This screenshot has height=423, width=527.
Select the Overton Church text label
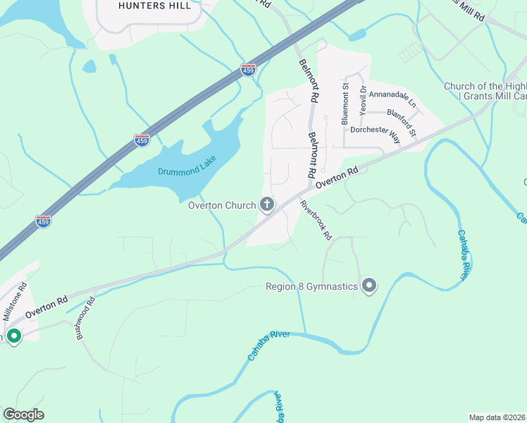point(222,206)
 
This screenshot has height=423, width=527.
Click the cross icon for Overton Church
point(267,205)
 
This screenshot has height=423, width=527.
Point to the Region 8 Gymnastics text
point(312,286)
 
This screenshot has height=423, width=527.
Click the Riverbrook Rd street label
point(316,221)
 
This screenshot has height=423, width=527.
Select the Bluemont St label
point(345,104)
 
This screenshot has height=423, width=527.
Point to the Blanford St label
point(403,121)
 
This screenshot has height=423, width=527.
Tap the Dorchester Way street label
point(376,134)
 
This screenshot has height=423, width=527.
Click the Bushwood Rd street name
point(85,321)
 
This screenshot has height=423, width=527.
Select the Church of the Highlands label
point(485,91)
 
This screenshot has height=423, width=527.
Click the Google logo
point(23,415)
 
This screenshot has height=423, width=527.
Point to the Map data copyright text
point(497,417)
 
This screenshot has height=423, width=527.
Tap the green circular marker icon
point(13,336)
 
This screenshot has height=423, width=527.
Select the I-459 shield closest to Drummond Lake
point(142,140)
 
